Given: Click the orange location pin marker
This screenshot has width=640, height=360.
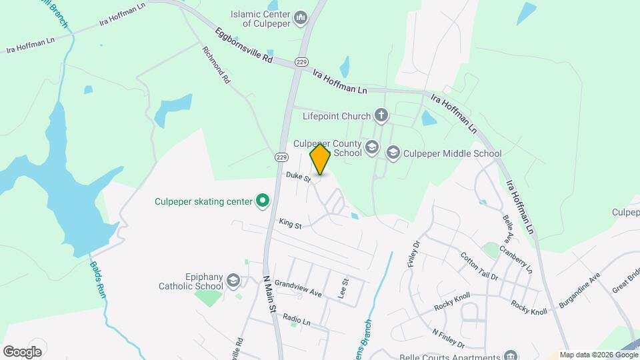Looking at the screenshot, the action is click(321, 160).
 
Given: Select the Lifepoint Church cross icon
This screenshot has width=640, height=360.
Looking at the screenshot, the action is click(381, 116).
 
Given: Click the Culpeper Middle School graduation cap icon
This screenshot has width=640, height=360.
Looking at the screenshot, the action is click(393, 153).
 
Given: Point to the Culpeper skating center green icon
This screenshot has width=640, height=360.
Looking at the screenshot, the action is click(263, 201).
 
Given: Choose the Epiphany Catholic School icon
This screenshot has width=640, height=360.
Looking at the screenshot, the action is click(233, 281).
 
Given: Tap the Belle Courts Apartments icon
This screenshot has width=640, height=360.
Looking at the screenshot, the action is click(511, 355).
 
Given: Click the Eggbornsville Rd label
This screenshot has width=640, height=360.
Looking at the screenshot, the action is click(244, 45).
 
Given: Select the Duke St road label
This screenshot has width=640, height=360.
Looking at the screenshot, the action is click(298, 177).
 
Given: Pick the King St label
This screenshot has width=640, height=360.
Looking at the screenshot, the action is click(290, 225).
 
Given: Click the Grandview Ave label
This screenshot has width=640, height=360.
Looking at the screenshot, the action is click(298, 288).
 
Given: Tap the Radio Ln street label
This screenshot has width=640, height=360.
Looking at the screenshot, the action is click(297, 320).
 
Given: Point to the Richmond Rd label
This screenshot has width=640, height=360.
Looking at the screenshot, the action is click(217, 65).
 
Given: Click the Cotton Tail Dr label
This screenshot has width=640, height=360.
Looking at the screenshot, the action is click(479, 266).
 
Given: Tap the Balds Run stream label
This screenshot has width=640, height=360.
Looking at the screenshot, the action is click(97, 279).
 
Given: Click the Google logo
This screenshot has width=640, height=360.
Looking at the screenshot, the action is click(22, 351).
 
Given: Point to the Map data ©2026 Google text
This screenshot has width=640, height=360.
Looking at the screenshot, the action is click(599, 355).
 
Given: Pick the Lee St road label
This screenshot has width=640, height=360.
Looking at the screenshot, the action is click(344, 289).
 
